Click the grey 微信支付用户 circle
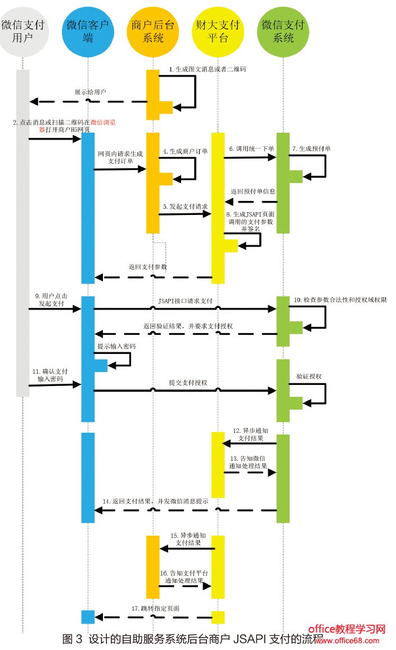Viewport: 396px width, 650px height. (23, 32)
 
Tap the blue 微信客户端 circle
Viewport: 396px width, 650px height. (88, 32)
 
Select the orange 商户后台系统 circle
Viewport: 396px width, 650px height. (152, 32)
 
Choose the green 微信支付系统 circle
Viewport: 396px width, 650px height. (283, 32)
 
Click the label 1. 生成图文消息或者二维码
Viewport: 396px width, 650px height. (208, 70)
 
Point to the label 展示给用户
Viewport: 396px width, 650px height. (91, 91)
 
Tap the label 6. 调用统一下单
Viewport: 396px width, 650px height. (251, 149)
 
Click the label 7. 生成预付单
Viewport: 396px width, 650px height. (311, 149)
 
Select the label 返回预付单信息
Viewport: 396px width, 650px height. (253, 191)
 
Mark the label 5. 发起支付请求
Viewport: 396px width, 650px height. (185, 207)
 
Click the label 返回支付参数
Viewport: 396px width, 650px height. (148, 267)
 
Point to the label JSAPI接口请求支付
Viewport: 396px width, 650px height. (185, 302)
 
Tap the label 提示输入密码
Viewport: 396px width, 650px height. (116, 346)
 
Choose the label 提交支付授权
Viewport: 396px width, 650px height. (188, 382)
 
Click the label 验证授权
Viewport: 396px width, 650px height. (309, 376)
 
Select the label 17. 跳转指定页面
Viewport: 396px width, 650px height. (156, 608)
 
